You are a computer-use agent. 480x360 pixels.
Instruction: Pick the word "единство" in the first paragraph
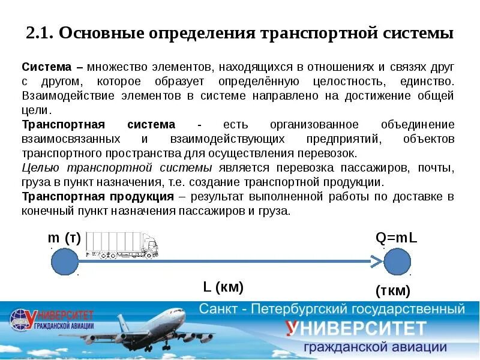click(x=427, y=82)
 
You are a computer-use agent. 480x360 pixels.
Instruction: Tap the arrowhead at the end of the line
click(x=376, y=262)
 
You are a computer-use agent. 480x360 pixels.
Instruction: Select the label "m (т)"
click(x=64, y=238)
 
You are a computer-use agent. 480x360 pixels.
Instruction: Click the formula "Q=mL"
click(x=396, y=238)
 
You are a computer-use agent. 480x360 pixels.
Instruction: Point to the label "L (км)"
click(x=223, y=287)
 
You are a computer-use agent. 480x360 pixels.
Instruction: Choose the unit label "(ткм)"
click(x=393, y=291)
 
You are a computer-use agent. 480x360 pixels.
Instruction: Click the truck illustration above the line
click(x=123, y=245)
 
